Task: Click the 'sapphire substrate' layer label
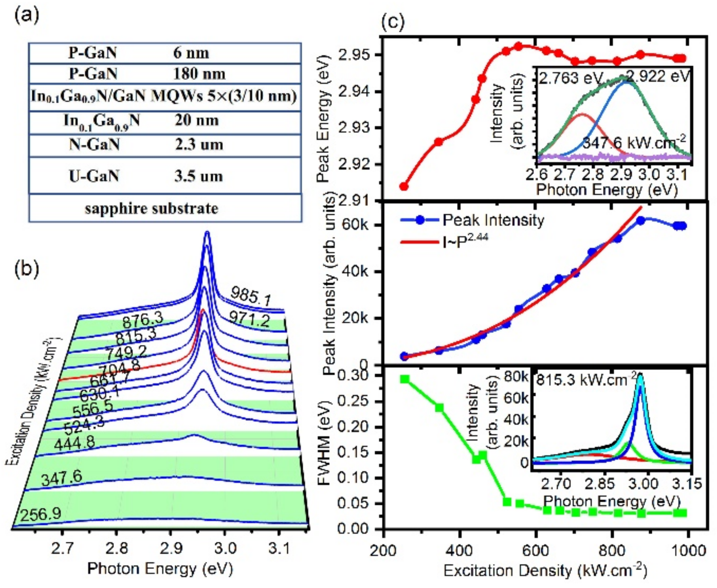(151, 208)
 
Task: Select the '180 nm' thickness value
(199, 74)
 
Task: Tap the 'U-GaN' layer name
(94, 176)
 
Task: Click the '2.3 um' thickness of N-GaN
(199, 145)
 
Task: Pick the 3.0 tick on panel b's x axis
(225, 548)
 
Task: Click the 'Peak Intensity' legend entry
(493, 220)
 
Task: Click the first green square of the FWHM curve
(404, 379)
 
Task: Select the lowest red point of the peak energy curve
(404, 186)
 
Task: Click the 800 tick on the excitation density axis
(613, 551)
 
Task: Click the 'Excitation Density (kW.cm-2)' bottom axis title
(545, 571)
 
